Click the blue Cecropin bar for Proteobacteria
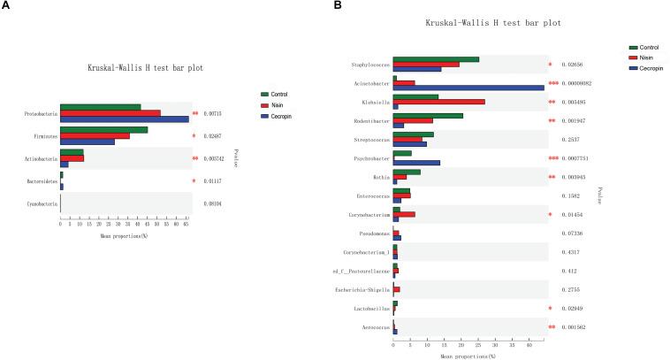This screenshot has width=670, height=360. point(124,119)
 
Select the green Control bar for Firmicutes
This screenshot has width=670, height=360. point(103,130)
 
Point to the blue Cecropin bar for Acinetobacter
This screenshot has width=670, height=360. point(468,88)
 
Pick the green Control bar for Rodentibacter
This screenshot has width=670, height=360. point(428,115)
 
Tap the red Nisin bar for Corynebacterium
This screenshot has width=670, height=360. point(404,214)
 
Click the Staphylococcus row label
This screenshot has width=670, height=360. point(368,65)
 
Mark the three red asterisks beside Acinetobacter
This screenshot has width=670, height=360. point(552,83)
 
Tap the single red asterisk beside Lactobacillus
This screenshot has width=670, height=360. point(550,308)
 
